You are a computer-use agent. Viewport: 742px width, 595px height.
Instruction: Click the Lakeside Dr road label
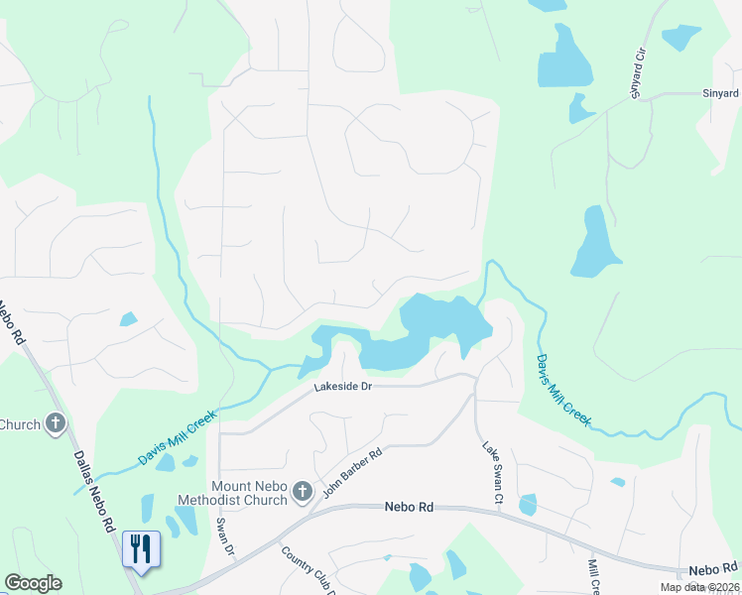click(x=343, y=386)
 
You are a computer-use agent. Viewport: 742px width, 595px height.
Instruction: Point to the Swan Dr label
click(x=224, y=535)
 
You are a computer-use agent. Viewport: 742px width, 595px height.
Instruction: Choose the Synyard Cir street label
click(x=638, y=71)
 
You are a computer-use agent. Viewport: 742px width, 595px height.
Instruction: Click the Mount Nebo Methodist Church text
click(x=249, y=493)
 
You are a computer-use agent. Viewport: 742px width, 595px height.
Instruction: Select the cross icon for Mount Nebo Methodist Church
click(x=303, y=492)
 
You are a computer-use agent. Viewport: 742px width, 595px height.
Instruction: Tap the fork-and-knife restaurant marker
click(x=140, y=548)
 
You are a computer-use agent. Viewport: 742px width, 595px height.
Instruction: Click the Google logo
click(x=34, y=583)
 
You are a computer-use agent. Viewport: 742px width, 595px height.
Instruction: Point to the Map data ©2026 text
click(x=699, y=587)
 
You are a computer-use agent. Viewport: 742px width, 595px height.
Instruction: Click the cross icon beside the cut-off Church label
click(x=56, y=424)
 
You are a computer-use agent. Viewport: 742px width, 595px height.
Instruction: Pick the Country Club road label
click(x=308, y=571)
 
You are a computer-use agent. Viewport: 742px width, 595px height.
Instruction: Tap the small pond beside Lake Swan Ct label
click(x=527, y=505)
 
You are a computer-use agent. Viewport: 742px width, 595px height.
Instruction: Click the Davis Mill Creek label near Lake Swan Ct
click(x=563, y=391)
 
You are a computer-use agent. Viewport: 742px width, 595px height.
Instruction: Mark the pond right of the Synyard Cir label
click(x=680, y=37)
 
